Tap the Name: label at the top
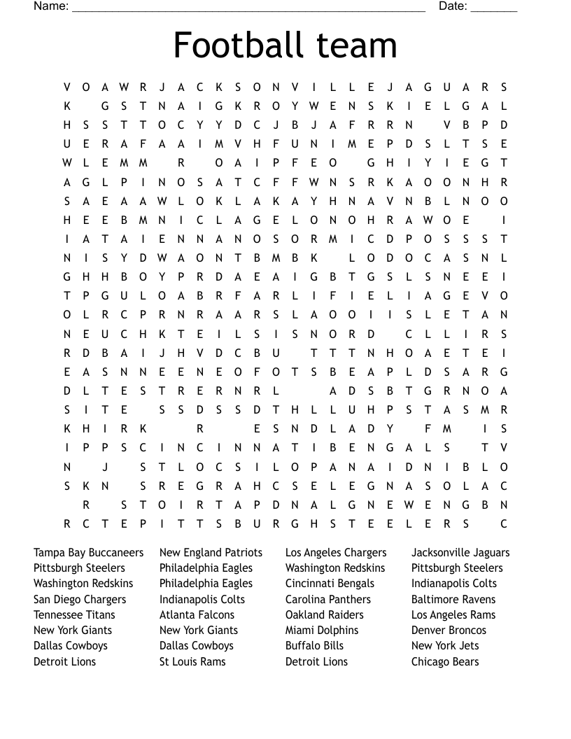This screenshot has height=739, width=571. click(x=51, y=6)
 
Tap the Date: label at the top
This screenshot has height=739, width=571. click(x=453, y=6)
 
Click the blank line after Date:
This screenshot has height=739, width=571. click(x=494, y=8)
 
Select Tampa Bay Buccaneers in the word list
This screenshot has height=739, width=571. click(x=88, y=553)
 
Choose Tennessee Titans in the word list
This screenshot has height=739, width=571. click(x=74, y=615)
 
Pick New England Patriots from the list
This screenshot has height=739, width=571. click(x=211, y=553)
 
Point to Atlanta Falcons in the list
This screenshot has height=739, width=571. click(x=197, y=615)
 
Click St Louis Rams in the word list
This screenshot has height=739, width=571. click(x=192, y=661)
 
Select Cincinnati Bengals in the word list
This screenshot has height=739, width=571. click(x=330, y=584)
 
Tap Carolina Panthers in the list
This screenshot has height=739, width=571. click(x=328, y=600)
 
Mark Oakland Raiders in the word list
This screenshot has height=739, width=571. click(x=325, y=615)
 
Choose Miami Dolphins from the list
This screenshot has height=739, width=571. click(x=322, y=631)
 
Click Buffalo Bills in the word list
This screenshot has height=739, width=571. click(x=314, y=646)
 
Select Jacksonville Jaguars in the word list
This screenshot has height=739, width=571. click(x=460, y=553)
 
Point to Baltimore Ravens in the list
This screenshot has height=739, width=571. click(x=453, y=600)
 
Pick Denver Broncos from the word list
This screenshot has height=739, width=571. click(x=449, y=631)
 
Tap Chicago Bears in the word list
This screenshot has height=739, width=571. click(x=445, y=661)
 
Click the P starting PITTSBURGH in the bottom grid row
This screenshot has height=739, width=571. click(x=143, y=524)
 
